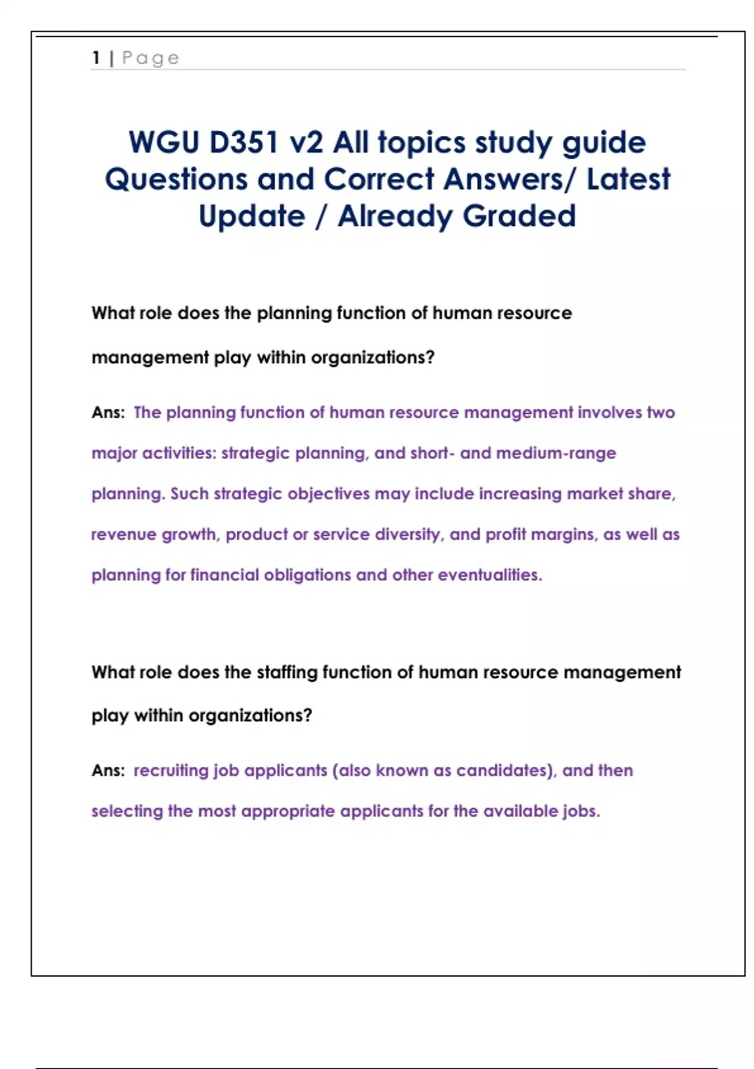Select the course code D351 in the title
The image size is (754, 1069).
[x=244, y=143]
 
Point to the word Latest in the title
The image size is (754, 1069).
[x=628, y=179]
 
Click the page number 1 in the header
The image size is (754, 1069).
[x=96, y=58]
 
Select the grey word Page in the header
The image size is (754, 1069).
[x=151, y=58]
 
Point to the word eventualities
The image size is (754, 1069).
[x=489, y=575]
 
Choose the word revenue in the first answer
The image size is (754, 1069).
[x=123, y=534]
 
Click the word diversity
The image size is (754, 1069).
[x=410, y=534]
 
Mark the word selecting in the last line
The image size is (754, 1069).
[x=127, y=811]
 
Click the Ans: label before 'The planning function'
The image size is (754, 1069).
[x=108, y=413]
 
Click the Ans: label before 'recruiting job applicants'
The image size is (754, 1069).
[x=108, y=771]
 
